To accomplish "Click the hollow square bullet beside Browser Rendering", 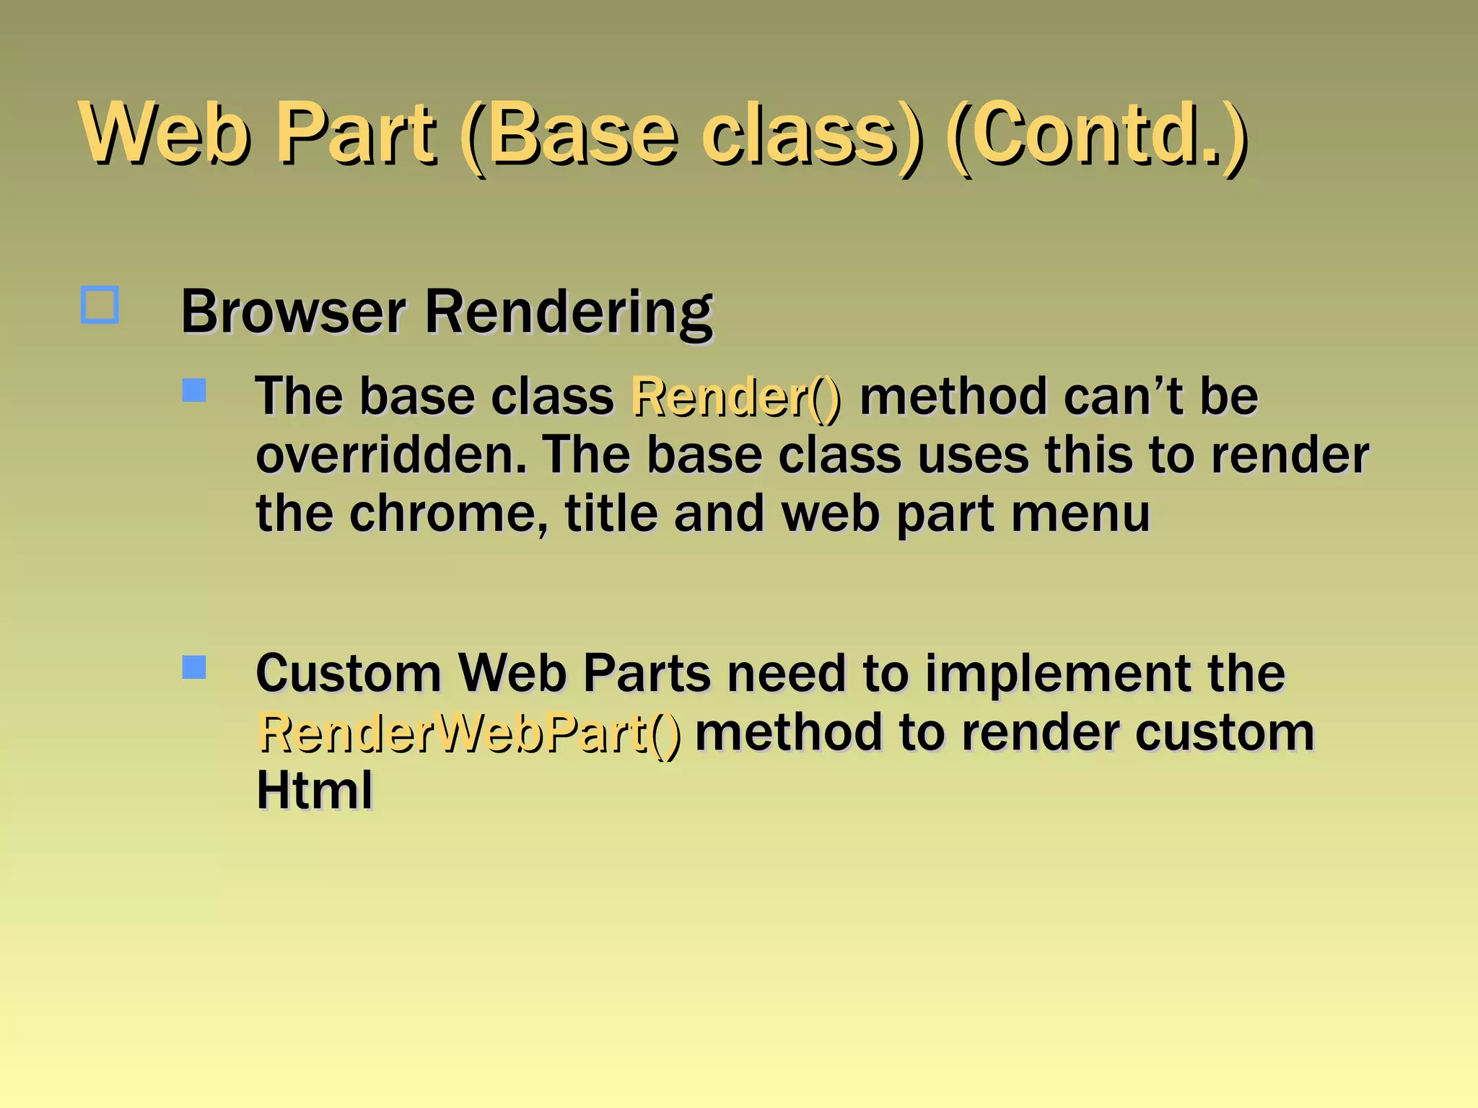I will pyautogui.click(x=100, y=305).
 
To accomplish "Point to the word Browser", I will pyautogui.click(x=293, y=312).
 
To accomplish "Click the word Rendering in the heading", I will pyautogui.click(x=569, y=312).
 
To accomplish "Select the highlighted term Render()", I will pyautogui.click(x=735, y=397).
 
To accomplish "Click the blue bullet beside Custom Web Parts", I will pyautogui.click(x=194, y=667).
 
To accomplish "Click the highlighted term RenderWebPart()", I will pyautogui.click(x=469, y=734).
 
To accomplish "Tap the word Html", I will pyautogui.click(x=315, y=791).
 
